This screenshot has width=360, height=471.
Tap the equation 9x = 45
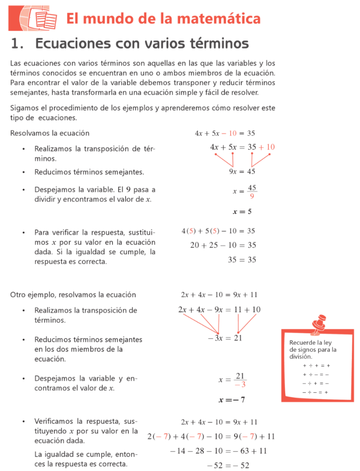coord(242,172)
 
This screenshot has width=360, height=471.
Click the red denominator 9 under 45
coord(251,196)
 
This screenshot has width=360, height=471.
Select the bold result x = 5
coord(242,212)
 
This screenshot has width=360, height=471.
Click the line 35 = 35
coord(242,260)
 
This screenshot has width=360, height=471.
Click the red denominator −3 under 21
coord(240,385)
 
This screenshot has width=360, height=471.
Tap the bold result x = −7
coord(232,400)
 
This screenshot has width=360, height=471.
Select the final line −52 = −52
coord(228,465)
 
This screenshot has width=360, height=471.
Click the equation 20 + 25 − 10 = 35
coord(223,245)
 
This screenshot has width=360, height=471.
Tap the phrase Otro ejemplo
coord(30,295)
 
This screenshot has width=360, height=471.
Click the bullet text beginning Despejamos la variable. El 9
coord(95,194)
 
